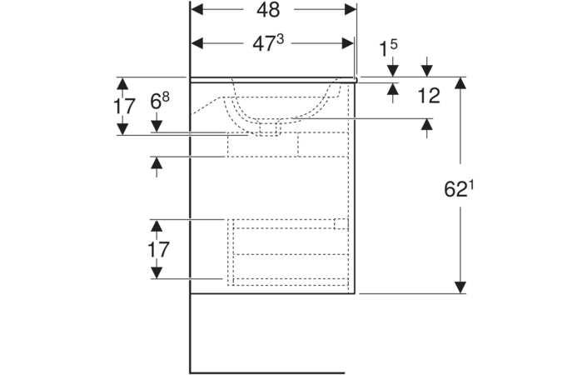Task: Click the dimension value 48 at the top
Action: pos(268,10)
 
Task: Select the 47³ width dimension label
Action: pos(268,43)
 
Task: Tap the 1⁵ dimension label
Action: pos(389,47)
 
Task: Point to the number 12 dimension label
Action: pos(429,96)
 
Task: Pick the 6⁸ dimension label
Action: pos(160,100)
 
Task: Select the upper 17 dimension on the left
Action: pos(124,106)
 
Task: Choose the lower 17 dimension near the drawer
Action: pos(158,249)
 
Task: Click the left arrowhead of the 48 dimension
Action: pos(196,10)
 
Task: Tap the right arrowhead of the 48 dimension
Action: pos(351,10)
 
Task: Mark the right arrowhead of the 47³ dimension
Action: pos(348,43)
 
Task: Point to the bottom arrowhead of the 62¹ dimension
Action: pos(460,287)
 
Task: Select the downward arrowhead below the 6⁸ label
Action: pos(157,126)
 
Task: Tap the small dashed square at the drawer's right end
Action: pos(341,223)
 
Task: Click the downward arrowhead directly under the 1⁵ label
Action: pos(393,71)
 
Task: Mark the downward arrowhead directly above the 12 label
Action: pos(427,71)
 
